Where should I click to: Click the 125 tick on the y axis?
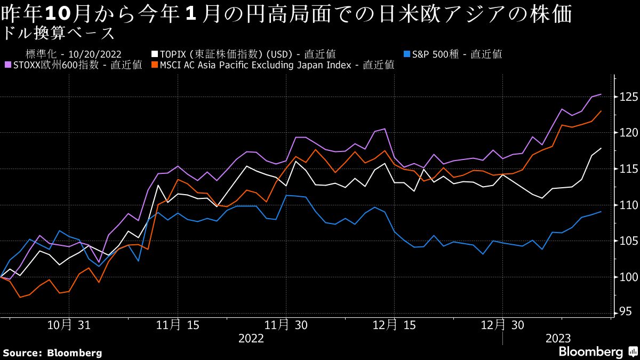point(627,97)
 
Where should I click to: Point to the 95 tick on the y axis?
point(624,313)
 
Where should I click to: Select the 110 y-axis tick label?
point(627,205)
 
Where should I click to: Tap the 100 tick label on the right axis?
point(627,277)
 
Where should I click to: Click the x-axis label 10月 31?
point(69,325)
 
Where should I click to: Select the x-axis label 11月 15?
point(178,325)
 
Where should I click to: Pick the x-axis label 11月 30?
point(286,325)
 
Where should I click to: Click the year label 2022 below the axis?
point(251,339)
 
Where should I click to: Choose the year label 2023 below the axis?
point(558,339)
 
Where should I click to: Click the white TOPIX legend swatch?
point(155,54)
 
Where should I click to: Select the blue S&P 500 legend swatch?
point(407,54)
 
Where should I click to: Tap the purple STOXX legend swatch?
point(7,65)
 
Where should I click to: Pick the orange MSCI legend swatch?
point(155,65)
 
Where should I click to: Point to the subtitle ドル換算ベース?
point(58,34)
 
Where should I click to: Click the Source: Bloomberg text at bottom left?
point(52,353)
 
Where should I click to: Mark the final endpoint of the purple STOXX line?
point(602,94)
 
